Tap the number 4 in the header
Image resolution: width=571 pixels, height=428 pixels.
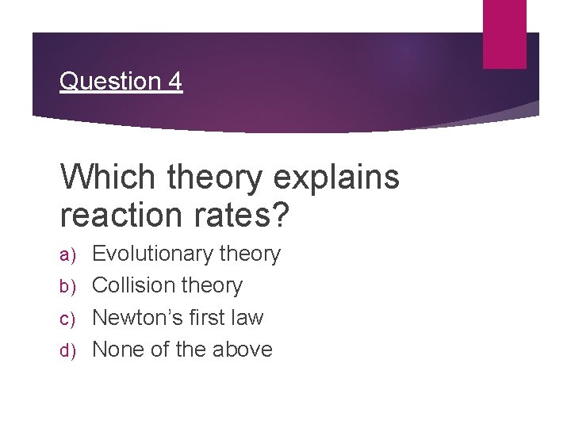click(174, 81)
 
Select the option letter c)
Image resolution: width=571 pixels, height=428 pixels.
click(71, 319)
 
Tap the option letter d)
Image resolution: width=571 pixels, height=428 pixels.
click(71, 350)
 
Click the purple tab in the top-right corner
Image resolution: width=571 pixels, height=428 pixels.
click(505, 33)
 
